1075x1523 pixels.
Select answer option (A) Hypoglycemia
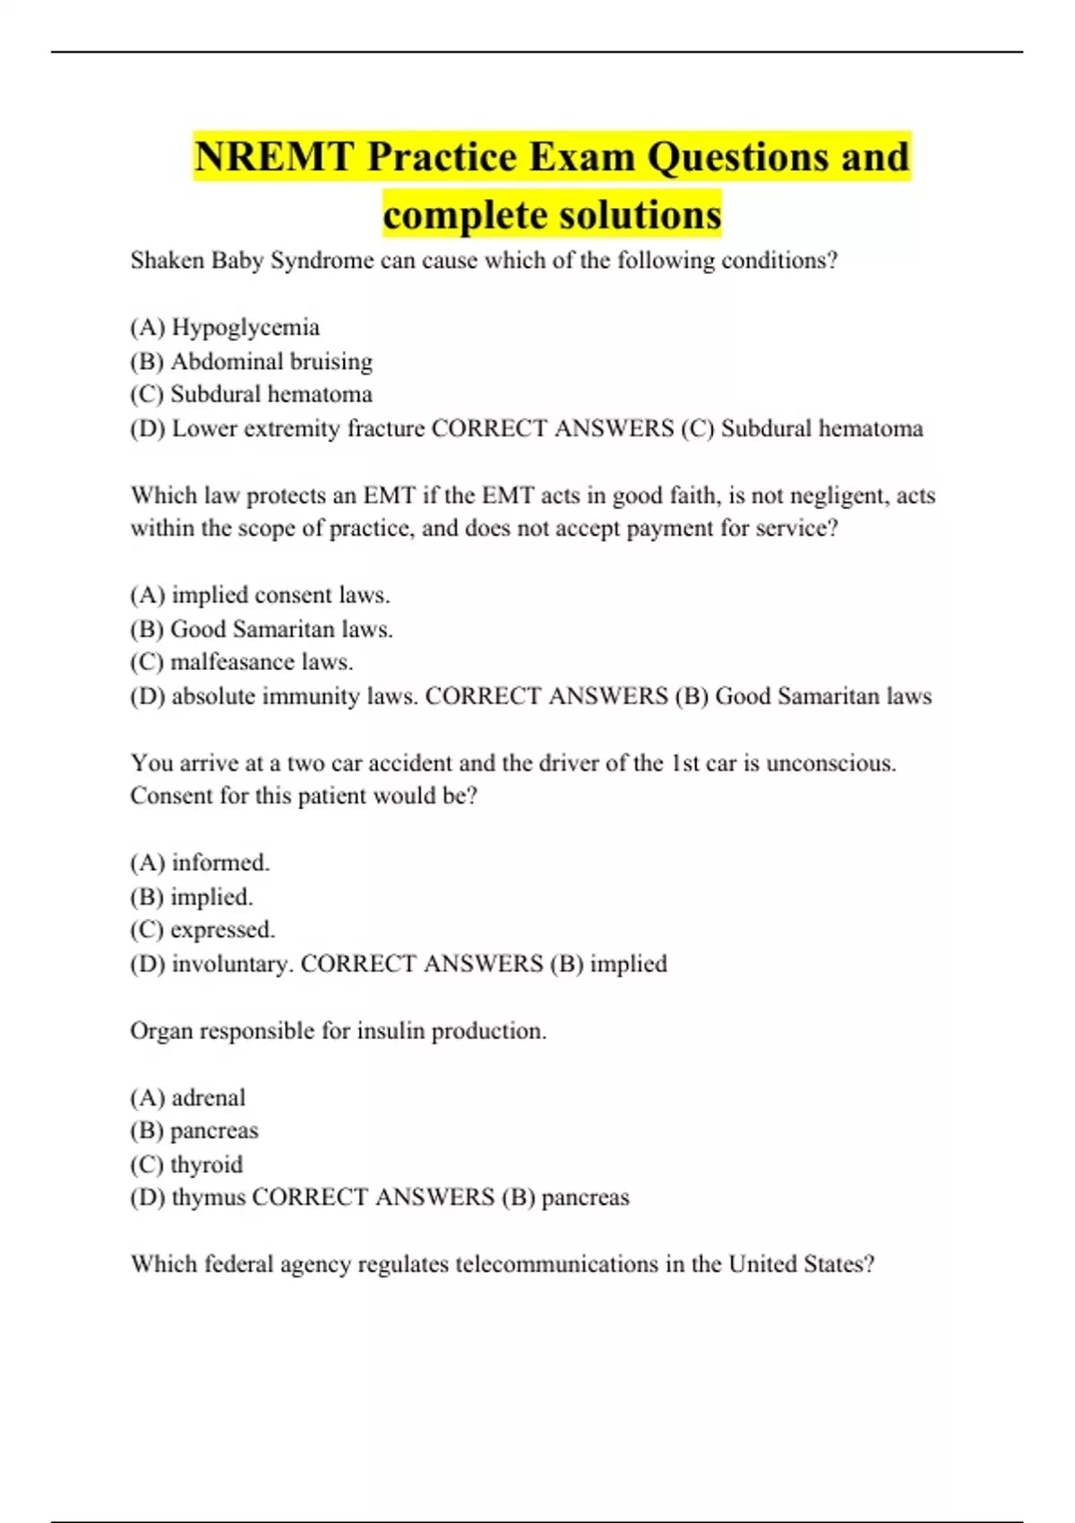point(225,328)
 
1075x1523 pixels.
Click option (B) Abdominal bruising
point(251,362)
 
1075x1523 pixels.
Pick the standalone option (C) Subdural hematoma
point(251,395)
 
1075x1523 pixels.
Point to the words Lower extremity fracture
point(297,429)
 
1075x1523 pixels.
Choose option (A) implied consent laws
point(260,596)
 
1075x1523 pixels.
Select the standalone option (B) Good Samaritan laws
point(261,630)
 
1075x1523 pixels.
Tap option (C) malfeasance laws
point(242,663)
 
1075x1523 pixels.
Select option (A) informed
point(200,864)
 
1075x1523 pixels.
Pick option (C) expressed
point(202,930)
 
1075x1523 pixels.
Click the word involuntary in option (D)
point(232,965)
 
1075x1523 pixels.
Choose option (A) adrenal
point(188,1098)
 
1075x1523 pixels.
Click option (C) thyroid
point(186,1165)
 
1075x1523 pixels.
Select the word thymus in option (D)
point(208,1198)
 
